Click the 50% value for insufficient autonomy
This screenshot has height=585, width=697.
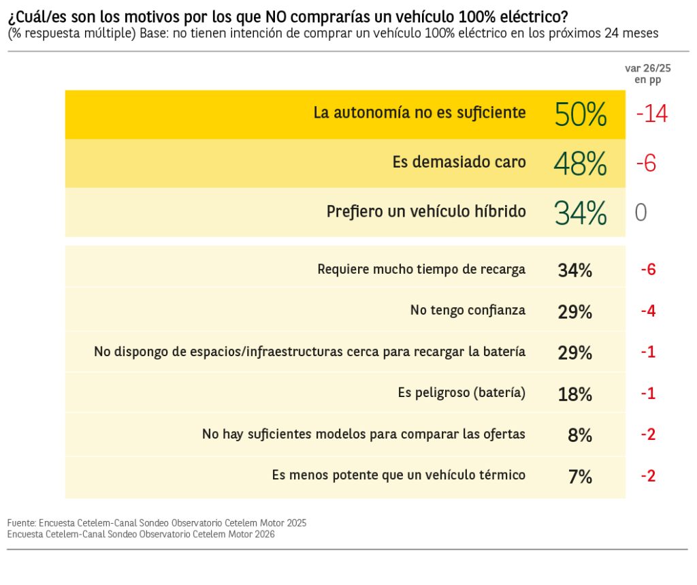tap(581, 114)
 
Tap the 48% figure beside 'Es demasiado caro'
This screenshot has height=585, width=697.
tap(580, 163)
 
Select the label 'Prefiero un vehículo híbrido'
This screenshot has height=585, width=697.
tap(426, 212)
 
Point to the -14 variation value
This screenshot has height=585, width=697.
tap(651, 114)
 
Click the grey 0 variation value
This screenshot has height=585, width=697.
tap(641, 213)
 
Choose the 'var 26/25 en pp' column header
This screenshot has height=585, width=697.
tap(647, 74)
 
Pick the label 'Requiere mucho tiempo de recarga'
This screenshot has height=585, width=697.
tap(421, 269)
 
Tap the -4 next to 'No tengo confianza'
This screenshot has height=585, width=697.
tap(647, 311)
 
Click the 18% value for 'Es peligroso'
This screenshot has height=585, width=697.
tap(574, 394)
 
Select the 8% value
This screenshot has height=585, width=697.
tap(579, 435)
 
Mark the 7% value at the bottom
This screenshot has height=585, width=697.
tap(579, 477)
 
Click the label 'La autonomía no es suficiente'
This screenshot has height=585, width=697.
tap(419, 113)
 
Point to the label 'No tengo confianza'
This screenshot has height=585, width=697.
tap(468, 311)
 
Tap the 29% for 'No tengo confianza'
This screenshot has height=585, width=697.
tap(574, 312)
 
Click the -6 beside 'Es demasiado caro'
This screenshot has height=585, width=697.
tap(645, 163)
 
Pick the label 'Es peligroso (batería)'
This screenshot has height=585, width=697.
tap(461, 393)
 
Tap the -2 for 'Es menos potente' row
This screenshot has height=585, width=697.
tap(647, 476)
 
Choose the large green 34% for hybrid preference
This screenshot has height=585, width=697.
tap(580, 213)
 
